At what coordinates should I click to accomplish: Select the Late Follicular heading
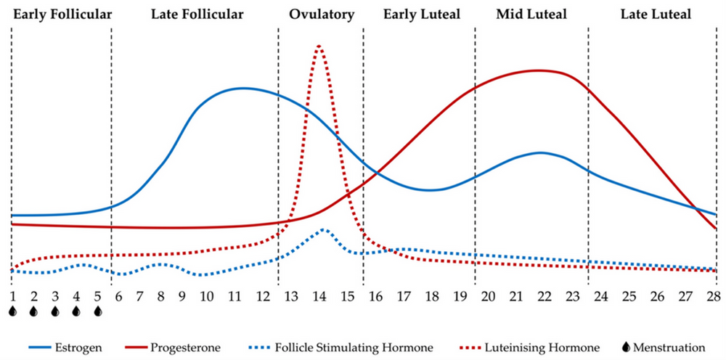(x=194, y=14)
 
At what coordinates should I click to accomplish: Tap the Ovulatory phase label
(x=322, y=14)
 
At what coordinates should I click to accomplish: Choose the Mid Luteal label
(x=532, y=14)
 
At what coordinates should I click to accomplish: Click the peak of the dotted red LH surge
(x=319, y=46)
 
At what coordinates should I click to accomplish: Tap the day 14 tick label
(x=319, y=296)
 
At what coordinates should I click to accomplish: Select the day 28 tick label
(x=714, y=296)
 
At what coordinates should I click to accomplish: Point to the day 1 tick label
(x=12, y=296)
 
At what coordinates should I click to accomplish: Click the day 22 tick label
(x=544, y=296)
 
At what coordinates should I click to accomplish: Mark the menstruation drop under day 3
(x=55, y=311)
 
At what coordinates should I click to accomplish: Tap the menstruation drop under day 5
(x=98, y=311)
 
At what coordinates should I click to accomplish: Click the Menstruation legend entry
(x=665, y=348)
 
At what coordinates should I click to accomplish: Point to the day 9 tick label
(x=182, y=296)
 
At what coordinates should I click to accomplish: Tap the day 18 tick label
(x=432, y=296)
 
